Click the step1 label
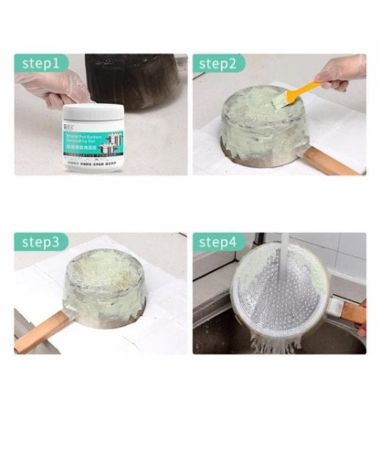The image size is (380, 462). (x=41, y=63)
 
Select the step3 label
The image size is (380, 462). (x=41, y=242)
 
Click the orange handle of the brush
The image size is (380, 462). (x=301, y=91)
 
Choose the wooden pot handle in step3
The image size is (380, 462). (x=41, y=331)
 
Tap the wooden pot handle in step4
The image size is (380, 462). (x=352, y=313)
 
